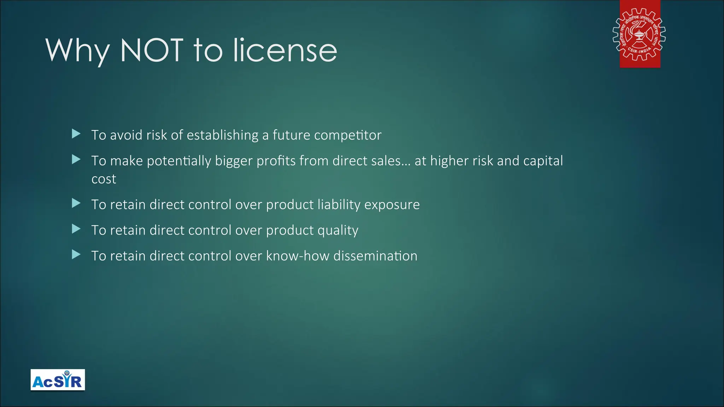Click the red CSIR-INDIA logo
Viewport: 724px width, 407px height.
pos(640,34)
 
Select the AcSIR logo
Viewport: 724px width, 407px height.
pos(58,380)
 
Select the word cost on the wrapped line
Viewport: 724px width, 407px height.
pos(104,179)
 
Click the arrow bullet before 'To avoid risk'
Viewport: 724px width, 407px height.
pos(76,134)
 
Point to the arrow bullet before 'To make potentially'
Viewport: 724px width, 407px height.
pos(76,160)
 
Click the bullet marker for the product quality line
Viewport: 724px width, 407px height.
pos(76,229)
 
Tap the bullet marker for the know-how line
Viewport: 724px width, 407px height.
pos(76,255)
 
